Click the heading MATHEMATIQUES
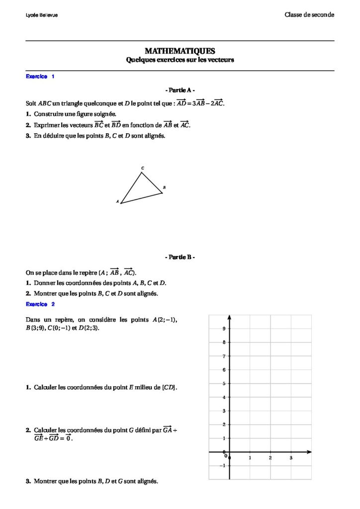click(180, 51)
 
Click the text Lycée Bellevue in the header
click(41, 15)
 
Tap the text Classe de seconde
click(309, 14)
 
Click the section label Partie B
click(180, 257)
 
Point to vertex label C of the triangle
click(143, 168)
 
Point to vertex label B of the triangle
click(164, 187)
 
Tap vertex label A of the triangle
click(117, 202)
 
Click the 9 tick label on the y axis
click(224, 329)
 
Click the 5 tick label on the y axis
click(224, 383)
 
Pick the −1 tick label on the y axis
click(222, 466)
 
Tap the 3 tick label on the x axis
click(291, 457)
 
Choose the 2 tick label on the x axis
click(270, 457)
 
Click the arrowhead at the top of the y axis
click(229, 317)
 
